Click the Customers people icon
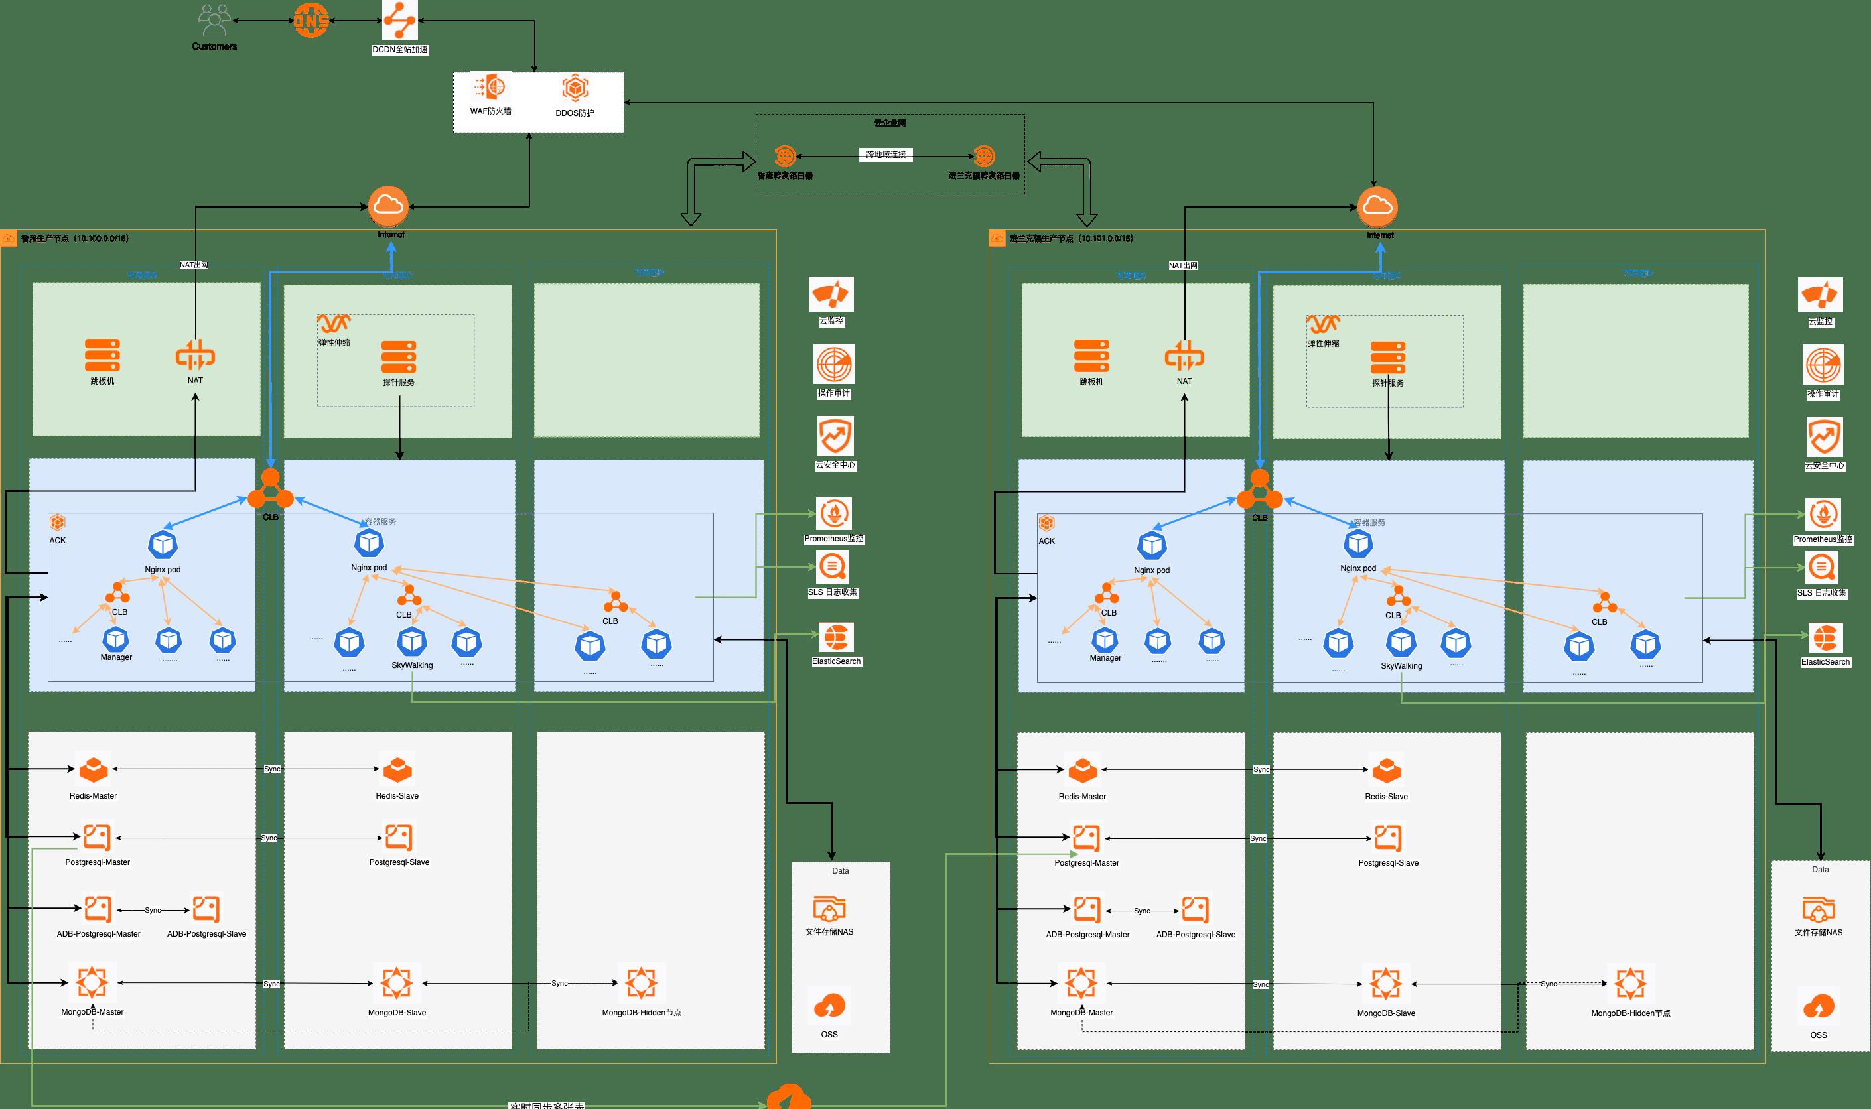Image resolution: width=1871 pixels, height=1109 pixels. (x=214, y=21)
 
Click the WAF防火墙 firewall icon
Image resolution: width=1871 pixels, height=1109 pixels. (x=490, y=88)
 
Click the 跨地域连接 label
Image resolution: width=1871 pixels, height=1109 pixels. (x=886, y=155)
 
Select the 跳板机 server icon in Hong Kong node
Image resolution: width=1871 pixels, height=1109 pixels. (x=102, y=355)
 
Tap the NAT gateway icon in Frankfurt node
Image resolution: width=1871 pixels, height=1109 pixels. (x=1184, y=356)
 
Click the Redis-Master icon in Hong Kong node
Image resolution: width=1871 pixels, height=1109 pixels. (x=94, y=769)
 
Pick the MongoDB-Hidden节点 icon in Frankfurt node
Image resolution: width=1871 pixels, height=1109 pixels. (x=1630, y=984)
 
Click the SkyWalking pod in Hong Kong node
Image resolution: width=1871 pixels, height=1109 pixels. (x=412, y=642)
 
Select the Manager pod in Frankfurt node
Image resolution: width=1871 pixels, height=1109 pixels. (x=1105, y=641)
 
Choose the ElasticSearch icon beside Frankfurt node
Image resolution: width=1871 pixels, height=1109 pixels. (x=1825, y=638)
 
